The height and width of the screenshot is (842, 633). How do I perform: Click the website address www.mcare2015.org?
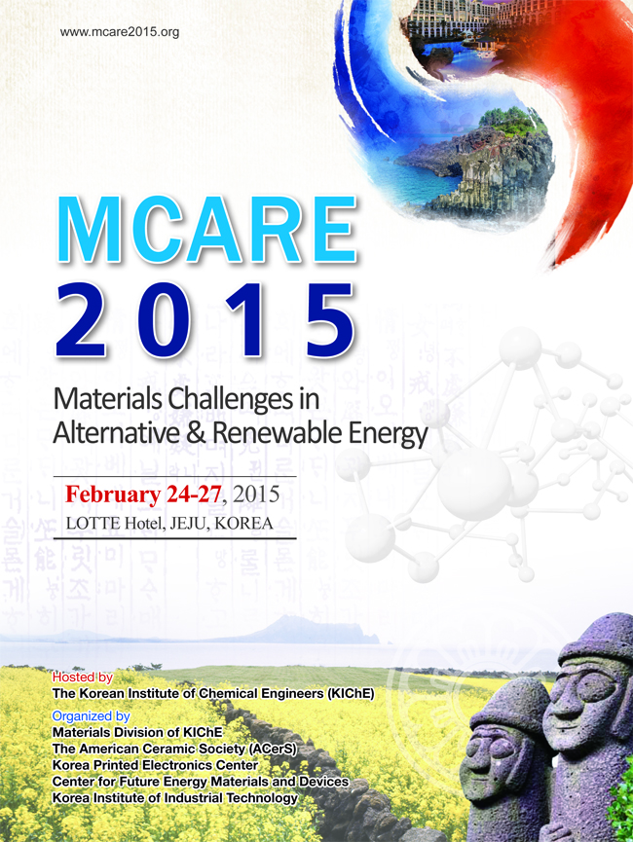[120, 32]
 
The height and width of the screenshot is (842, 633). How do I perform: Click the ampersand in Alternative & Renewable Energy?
[197, 433]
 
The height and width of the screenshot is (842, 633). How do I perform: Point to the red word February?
[112, 494]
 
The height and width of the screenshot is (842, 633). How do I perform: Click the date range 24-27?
[194, 494]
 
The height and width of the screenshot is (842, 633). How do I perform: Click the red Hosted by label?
[82, 677]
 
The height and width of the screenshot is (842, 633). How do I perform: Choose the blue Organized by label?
[91, 715]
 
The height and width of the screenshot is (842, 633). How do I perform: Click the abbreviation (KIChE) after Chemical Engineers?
[350, 693]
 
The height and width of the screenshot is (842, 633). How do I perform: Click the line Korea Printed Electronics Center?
[155, 765]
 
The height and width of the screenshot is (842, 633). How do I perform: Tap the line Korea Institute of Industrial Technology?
[174, 798]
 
